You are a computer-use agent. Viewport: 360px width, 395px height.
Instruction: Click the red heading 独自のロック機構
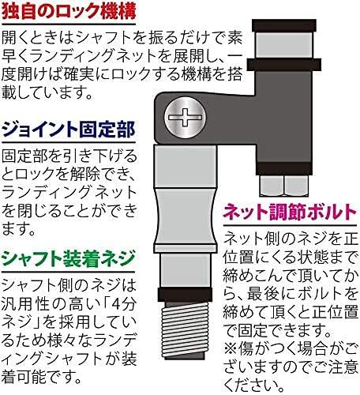coord(69,11)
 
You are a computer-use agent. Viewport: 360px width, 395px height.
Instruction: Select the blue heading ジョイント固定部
coord(69,130)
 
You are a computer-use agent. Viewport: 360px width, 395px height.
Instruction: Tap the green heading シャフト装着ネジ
coord(69,258)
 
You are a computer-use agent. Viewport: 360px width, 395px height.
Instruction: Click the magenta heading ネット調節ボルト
coord(291,213)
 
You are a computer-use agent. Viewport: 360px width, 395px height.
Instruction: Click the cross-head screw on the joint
coord(186,117)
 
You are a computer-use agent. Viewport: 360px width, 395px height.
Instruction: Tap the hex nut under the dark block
coord(284,186)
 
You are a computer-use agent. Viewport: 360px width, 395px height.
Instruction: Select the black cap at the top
coord(284,25)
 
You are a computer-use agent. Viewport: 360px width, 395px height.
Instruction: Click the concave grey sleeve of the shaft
coord(186,216)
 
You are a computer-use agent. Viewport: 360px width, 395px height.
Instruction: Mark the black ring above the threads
coord(186,295)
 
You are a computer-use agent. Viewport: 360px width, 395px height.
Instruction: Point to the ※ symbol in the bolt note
coord(231,350)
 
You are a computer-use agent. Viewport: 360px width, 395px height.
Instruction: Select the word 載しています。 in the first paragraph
coord(47,92)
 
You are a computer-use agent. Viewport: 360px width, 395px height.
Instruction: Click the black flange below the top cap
coord(284,65)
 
